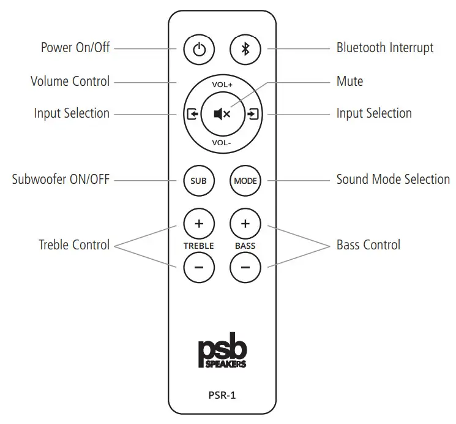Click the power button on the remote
pyautogui.click(x=199, y=50)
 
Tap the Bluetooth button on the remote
pyautogui.click(x=245, y=50)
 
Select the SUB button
pyautogui.click(x=199, y=181)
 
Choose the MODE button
pyautogui.click(x=245, y=181)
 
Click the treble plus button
pyautogui.click(x=199, y=224)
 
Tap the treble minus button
pyautogui.click(x=199, y=267)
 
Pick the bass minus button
pyautogui.click(x=245, y=267)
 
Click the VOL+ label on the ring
pyautogui.click(x=222, y=85)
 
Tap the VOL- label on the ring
pyautogui.click(x=222, y=142)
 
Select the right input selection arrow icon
pyautogui.click(x=253, y=114)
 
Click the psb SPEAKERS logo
pyautogui.click(x=222, y=354)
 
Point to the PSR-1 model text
pyautogui.click(x=222, y=395)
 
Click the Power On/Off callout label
pyautogui.click(x=75, y=47)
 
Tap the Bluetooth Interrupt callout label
pyautogui.click(x=385, y=47)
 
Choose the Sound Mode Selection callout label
pyautogui.click(x=393, y=180)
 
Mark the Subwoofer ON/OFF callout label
pyautogui.click(x=61, y=180)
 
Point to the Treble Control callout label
pyautogui.click(x=74, y=245)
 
